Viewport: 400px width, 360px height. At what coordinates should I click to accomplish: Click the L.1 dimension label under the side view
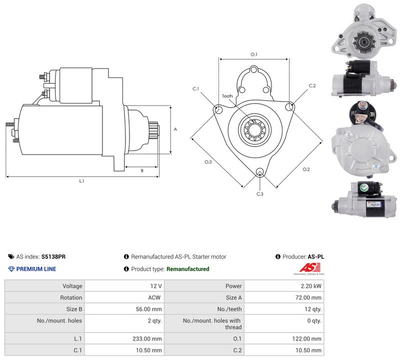click(81, 181)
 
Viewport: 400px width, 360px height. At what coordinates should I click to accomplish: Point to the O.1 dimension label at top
click(254, 54)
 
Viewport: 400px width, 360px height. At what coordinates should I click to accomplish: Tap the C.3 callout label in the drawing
click(259, 194)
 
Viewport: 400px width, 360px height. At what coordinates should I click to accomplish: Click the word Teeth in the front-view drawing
click(227, 96)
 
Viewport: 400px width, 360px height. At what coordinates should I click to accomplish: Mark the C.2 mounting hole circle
click(289, 106)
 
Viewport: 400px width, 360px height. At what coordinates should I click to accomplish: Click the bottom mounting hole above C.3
click(259, 171)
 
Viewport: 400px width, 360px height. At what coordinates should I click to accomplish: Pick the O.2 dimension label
click(306, 169)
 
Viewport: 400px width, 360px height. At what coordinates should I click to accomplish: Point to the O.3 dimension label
click(208, 162)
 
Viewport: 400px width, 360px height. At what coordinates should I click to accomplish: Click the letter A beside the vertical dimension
click(175, 129)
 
